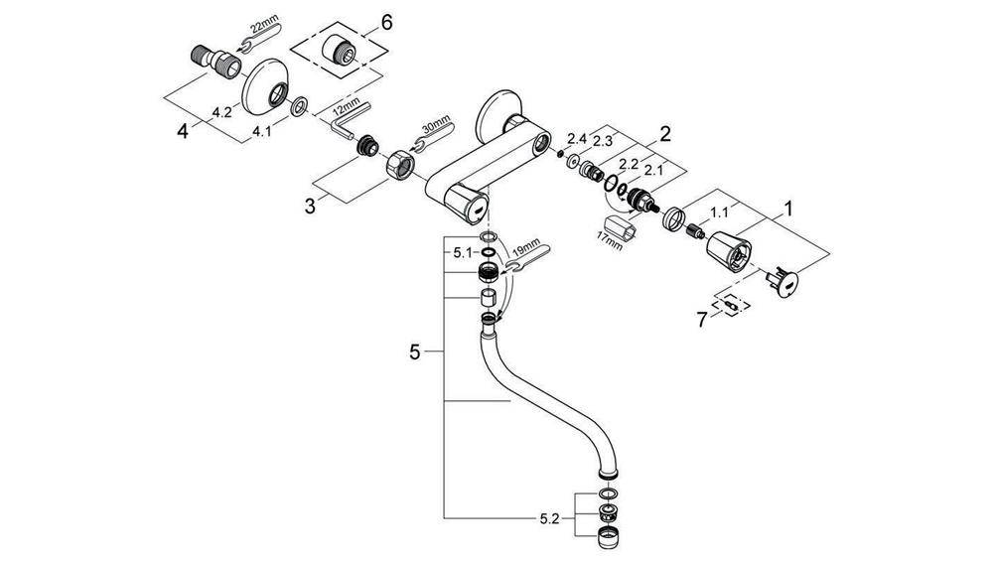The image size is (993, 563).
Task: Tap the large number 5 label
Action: coord(416,352)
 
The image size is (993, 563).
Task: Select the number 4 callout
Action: coord(182,129)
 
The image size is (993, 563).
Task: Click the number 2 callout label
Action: coord(664,132)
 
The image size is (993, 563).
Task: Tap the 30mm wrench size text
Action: coord(439,126)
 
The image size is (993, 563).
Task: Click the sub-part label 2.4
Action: coord(578,137)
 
